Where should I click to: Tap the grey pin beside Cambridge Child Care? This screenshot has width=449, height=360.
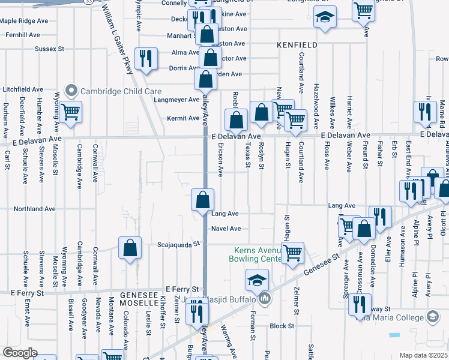(x=72, y=91)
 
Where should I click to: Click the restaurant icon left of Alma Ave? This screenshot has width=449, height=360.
(x=146, y=58)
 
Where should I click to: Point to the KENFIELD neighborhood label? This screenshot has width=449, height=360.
(x=296, y=45)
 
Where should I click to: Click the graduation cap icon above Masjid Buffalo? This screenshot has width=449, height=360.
(x=256, y=280)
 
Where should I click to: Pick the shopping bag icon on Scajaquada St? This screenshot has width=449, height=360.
(x=130, y=248)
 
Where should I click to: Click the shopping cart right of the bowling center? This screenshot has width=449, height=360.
(x=292, y=253)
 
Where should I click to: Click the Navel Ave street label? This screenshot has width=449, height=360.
(x=226, y=229)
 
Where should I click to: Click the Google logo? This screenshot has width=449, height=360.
(x=20, y=353)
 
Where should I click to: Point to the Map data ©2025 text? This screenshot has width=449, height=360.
(x=424, y=355)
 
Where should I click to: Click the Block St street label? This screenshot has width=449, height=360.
(x=282, y=326)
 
